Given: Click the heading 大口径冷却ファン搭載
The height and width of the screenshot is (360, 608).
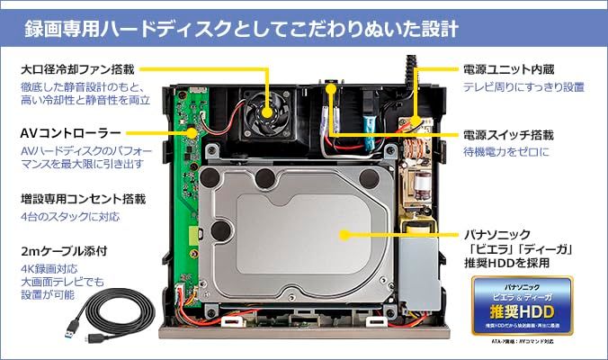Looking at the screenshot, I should click(x=79, y=67).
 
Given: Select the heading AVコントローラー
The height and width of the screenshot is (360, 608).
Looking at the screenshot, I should click(x=71, y=132).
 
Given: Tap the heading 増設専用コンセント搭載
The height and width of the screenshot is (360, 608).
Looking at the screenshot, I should click(x=82, y=197).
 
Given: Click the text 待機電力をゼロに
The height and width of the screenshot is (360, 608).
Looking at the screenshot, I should click(x=506, y=154).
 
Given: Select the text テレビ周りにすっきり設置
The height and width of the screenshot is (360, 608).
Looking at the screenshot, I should click(x=523, y=87).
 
